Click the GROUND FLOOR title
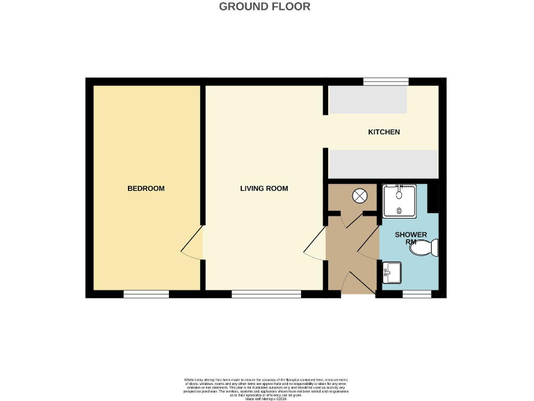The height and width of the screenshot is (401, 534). click(x=264, y=7)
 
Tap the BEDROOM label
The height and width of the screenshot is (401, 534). click(x=146, y=189)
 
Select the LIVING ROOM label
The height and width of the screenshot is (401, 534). click(x=264, y=189)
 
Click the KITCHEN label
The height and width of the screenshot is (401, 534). click(x=384, y=132)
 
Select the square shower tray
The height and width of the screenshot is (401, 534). click(x=398, y=200)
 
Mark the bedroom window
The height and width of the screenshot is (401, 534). click(x=146, y=294)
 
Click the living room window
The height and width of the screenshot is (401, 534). click(x=266, y=294)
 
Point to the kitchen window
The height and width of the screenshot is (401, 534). click(x=385, y=81)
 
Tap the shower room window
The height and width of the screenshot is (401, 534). click(x=416, y=294)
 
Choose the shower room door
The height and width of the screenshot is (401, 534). click(x=369, y=244)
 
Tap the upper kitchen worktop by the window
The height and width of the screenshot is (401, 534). click(x=368, y=100)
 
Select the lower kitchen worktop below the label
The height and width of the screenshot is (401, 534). click(x=383, y=164)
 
